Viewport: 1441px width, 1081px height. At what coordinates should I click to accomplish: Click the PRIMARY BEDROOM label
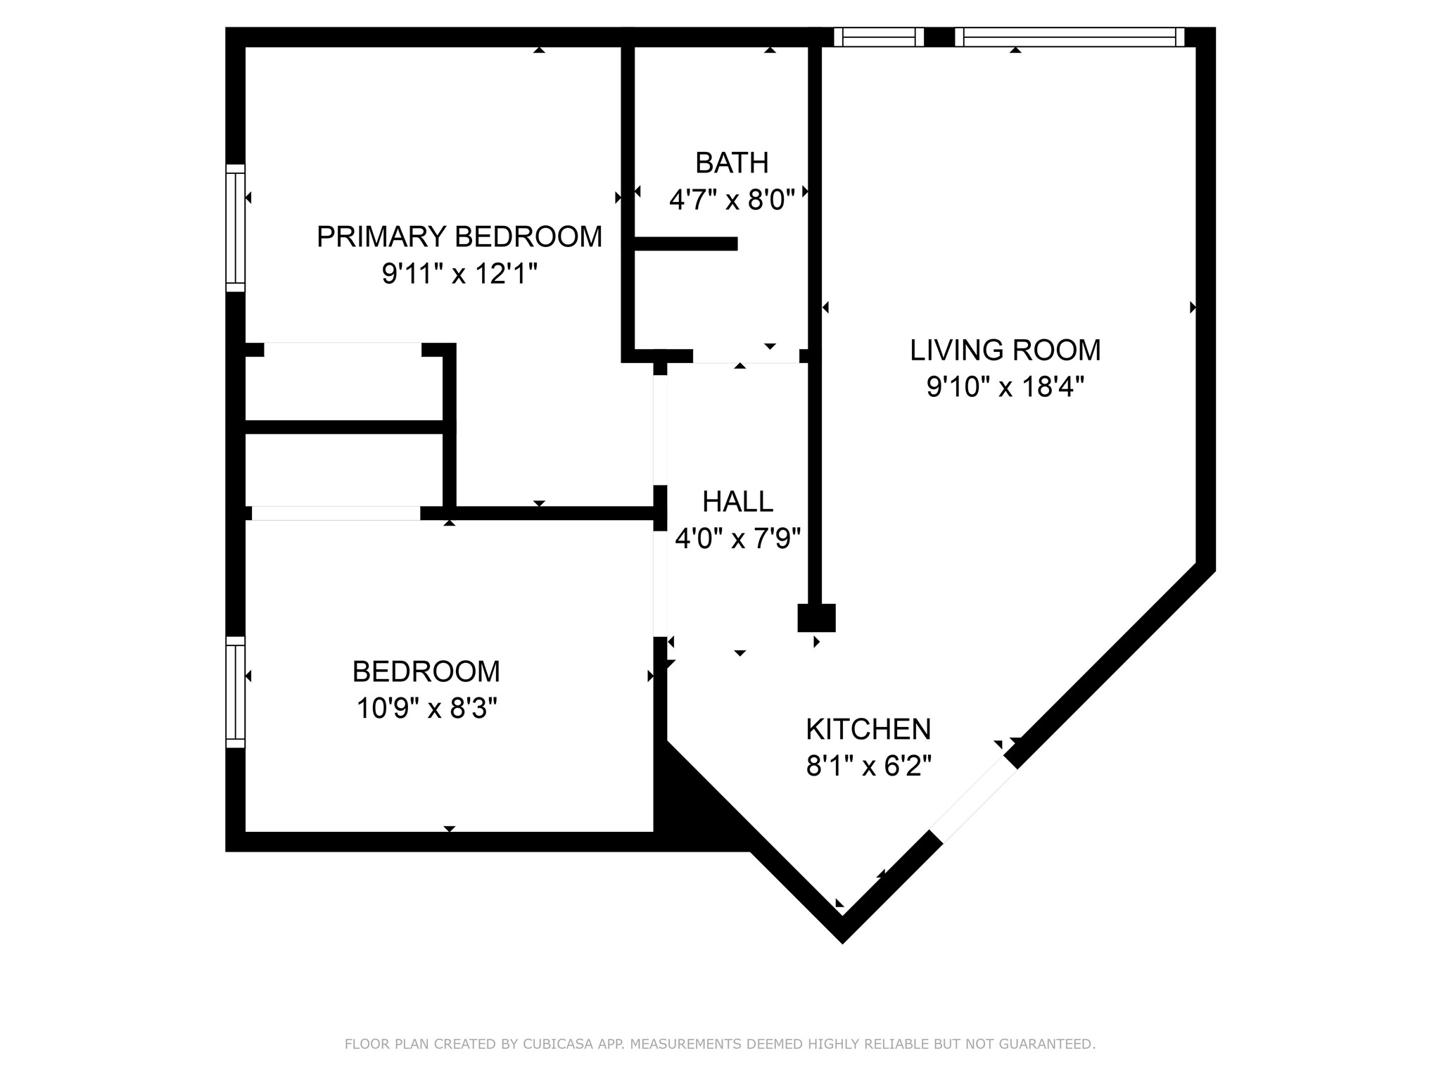click(x=459, y=236)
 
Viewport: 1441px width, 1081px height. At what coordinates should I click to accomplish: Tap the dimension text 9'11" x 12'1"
click(x=459, y=273)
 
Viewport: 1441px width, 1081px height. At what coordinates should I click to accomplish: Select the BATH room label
click(x=731, y=163)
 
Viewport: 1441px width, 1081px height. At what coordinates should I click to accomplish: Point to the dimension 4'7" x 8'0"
click(x=731, y=200)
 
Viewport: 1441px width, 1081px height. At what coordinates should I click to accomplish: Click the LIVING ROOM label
click(x=1005, y=350)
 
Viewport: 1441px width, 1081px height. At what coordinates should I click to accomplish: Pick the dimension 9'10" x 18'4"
click(x=1005, y=386)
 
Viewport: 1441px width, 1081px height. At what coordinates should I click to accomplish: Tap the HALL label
click(x=737, y=502)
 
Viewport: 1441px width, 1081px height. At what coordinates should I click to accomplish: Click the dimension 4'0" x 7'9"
click(x=737, y=539)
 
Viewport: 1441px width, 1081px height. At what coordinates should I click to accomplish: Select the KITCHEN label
click(x=868, y=729)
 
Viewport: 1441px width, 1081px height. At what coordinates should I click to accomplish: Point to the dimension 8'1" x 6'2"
click(x=868, y=766)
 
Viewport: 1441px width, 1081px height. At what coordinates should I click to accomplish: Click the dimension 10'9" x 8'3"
click(x=426, y=708)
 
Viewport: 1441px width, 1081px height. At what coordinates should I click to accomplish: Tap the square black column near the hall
click(x=816, y=618)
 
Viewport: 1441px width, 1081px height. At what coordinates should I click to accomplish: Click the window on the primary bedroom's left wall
click(x=235, y=227)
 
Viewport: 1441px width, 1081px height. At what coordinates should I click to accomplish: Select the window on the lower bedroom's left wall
click(x=235, y=692)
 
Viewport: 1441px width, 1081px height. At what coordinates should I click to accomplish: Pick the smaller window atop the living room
click(x=878, y=37)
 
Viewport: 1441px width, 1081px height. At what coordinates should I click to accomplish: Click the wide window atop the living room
click(x=1069, y=37)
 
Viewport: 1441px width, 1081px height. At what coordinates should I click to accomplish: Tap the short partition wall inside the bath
click(x=686, y=244)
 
